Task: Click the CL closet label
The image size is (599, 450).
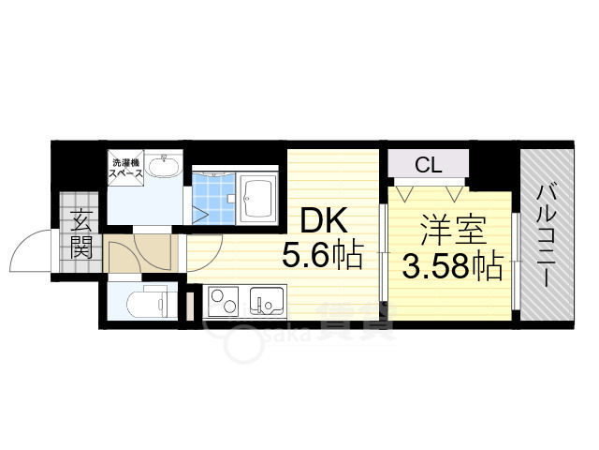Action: click(429, 167)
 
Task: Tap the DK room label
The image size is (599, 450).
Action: click(323, 223)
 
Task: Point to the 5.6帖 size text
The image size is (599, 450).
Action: click(322, 255)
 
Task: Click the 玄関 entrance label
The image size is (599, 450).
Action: click(80, 235)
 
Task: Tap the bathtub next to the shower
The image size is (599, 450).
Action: click(256, 199)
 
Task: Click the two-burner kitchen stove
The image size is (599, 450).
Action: click(224, 303)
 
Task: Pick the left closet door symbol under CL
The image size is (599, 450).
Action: click(405, 192)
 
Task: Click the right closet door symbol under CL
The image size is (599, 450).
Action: click(454, 192)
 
